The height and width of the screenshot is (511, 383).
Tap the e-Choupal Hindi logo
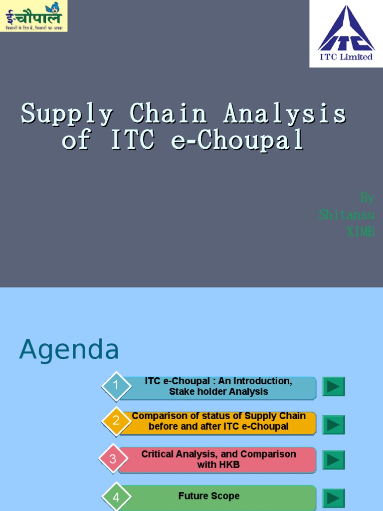tap(33, 15)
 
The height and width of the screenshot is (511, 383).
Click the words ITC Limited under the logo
tap(346, 57)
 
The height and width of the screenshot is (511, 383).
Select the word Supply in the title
tap(67, 114)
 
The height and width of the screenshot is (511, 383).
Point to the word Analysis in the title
tap(285, 114)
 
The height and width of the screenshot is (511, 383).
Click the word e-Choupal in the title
tap(237, 140)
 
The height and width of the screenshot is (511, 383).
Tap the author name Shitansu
tap(347, 215)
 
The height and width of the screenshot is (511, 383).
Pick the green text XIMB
tap(360, 232)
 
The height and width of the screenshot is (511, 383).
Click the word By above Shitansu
tap(367, 198)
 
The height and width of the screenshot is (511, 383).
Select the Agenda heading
tap(69, 349)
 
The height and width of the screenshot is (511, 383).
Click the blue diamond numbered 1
tap(116, 386)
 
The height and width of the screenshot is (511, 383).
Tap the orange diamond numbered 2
tap(116, 421)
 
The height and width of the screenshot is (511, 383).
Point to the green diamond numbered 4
tap(116, 497)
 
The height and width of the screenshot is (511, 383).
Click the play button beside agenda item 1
tap(334, 387)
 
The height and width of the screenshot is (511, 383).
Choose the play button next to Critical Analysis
tap(334, 460)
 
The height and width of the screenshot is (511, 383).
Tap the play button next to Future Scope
tap(334, 498)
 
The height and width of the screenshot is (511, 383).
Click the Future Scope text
tap(209, 496)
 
